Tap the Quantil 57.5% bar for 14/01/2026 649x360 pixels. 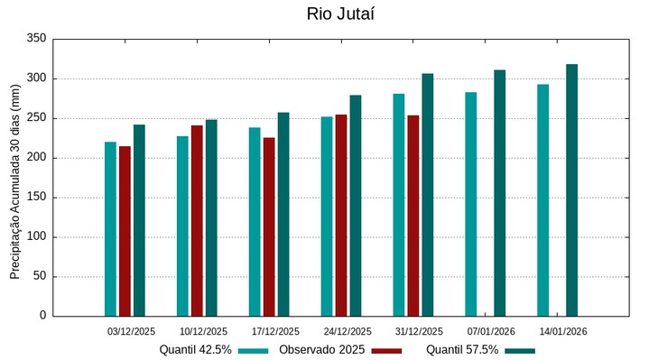pyautogui.click(x=571, y=190)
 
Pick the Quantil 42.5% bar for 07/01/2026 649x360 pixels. pyautogui.click(x=470, y=204)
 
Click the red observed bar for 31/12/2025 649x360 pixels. pyautogui.click(x=413, y=216)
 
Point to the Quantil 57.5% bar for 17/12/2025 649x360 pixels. pyautogui.click(x=283, y=214)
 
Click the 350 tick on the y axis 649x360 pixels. pyautogui.click(x=36, y=39)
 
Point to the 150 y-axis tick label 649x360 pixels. pyautogui.click(x=36, y=198)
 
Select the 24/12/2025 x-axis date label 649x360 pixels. pyautogui.click(x=348, y=331)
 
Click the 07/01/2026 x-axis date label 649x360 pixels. pyautogui.click(x=492, y=331)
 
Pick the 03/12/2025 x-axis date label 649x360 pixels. pyautogui.click(x=132, y=331)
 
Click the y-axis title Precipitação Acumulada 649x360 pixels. pyautogui.click(x=14, y=180)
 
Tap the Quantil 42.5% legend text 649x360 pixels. pyautogui.click(x=196, y=349)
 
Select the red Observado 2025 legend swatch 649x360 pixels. pyautogui.click(x=386, y=350)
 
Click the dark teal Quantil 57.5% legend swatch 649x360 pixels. pyautogui.click(x=520, y=350)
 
